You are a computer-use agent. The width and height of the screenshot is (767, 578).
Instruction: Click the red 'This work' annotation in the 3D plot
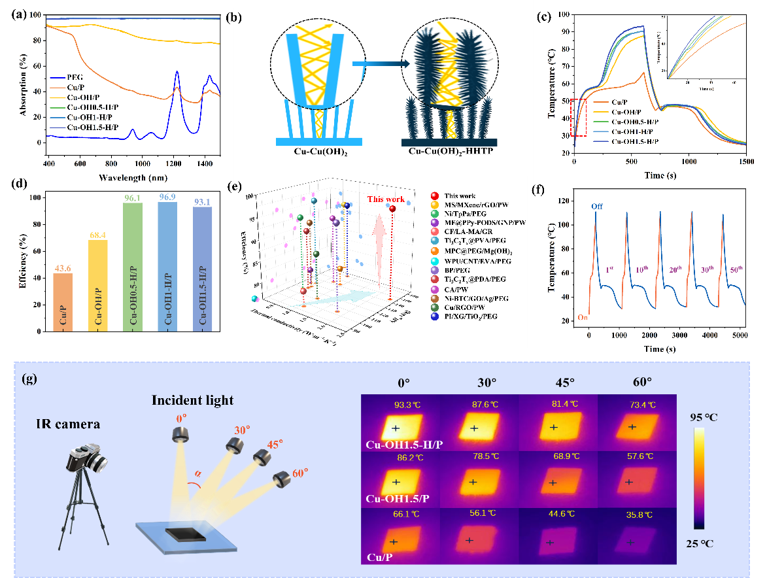[x=385, y=199]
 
